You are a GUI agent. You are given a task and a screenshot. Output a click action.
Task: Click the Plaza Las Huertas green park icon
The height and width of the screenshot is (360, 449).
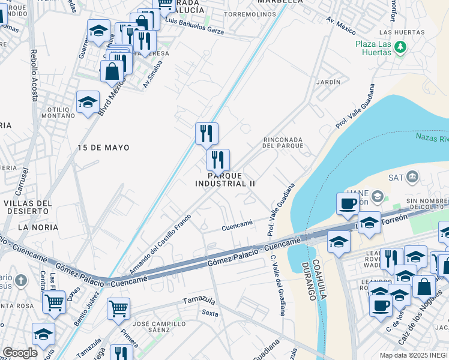[400, 47]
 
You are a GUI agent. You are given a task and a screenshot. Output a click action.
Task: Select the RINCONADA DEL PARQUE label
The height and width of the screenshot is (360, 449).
[283, 143]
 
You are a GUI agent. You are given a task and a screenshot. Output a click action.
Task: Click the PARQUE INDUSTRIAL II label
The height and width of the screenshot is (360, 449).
[224, 179]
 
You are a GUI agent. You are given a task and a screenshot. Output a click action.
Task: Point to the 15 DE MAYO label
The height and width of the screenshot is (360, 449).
[103, 147]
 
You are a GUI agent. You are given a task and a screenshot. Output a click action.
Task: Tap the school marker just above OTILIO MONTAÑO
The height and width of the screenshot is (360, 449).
[88, 101]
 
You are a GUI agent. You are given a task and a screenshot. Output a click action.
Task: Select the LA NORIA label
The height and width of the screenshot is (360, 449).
[38, 227]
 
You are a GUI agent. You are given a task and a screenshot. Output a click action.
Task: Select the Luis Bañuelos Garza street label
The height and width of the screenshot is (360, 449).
[194, 28]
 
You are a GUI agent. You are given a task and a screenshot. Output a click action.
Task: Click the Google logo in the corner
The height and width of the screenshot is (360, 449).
[19, 353]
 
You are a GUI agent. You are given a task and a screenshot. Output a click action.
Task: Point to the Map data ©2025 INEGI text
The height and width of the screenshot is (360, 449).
[414, 355]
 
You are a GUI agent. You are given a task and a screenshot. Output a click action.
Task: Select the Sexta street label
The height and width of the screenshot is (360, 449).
[209, 313]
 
